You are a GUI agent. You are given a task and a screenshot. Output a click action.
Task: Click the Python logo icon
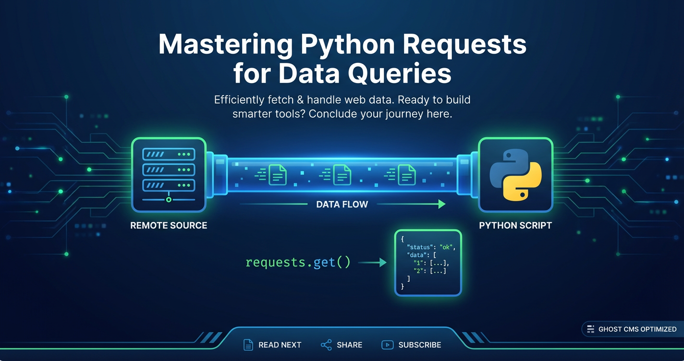(515, 174)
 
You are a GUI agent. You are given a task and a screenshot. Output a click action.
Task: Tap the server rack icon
(169, 175)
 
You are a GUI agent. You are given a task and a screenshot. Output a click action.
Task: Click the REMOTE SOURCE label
(169, 225)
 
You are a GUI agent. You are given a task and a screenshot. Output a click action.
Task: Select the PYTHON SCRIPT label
(515, 225)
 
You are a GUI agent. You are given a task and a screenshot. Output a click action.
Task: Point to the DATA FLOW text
(342, 205)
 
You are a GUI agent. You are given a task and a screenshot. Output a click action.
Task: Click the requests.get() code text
(298, 263)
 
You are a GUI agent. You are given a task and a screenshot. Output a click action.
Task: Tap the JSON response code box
(427, 262)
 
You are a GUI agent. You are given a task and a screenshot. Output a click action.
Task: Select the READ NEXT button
(272, 345)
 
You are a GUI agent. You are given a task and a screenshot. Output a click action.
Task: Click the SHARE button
(342, 345)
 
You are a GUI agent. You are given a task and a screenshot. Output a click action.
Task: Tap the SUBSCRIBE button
(411, 345)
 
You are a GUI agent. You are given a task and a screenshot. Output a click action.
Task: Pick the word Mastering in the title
(225, 45)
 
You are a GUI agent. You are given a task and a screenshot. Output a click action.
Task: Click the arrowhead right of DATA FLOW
(441, 205)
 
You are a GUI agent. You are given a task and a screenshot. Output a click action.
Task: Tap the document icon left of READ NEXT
(248, 345)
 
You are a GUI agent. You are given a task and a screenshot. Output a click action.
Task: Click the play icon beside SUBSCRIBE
(387, 345)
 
